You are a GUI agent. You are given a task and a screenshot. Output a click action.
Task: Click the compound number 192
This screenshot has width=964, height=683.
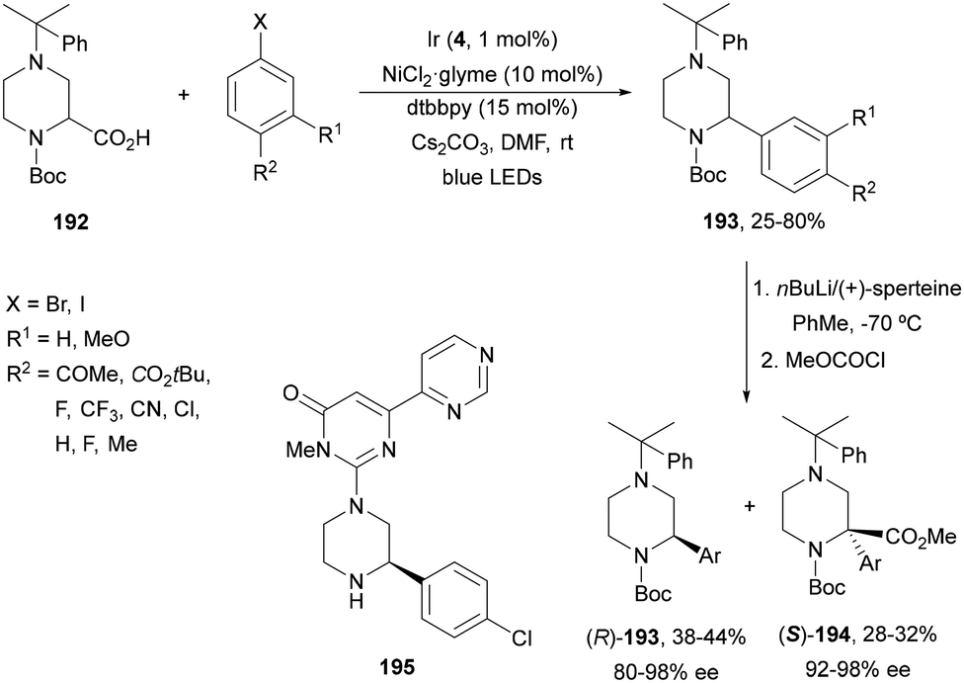[71, 221]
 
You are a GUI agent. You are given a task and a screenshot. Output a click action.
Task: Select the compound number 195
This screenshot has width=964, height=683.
[398, 666]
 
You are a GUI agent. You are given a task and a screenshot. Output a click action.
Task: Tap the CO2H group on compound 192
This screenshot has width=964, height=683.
[121, 139]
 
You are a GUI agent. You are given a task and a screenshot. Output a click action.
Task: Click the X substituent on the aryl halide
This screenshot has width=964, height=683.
[262, 24]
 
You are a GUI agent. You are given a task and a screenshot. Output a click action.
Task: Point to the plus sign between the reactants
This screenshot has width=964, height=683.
[184, 94]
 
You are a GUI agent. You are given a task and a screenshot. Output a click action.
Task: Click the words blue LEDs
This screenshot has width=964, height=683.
[492, 178]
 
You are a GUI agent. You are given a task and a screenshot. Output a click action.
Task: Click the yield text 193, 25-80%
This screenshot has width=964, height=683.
[764, 221]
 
